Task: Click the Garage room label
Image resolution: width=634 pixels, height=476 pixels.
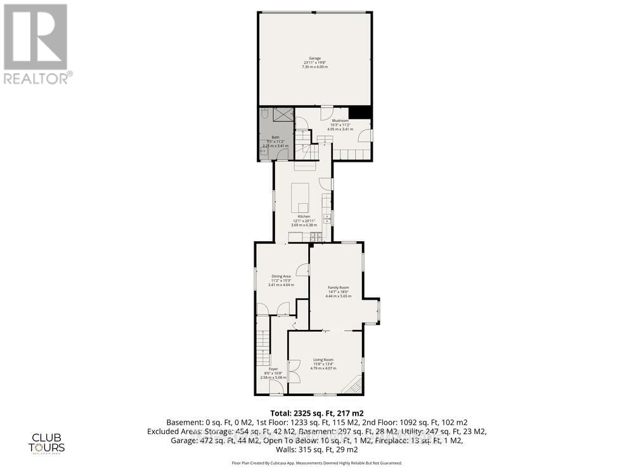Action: coord(314,63)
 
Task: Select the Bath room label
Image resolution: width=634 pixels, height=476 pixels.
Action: coord(275,142)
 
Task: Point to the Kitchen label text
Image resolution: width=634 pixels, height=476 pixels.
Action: coord(304,220)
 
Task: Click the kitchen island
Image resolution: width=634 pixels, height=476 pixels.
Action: coord(301,197)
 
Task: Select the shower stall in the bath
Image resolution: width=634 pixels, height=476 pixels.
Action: coord(283,114)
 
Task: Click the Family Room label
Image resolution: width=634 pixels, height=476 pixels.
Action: coord(338,292)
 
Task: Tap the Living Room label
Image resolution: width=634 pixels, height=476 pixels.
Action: coord(323,364)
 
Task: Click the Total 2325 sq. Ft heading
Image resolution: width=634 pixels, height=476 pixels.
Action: coord(316,412)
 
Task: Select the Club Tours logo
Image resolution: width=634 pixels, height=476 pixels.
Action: coord(49,442)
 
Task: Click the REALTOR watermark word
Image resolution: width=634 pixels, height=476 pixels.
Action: coord(37,78)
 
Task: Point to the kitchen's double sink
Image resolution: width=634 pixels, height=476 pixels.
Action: coord(327,218)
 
